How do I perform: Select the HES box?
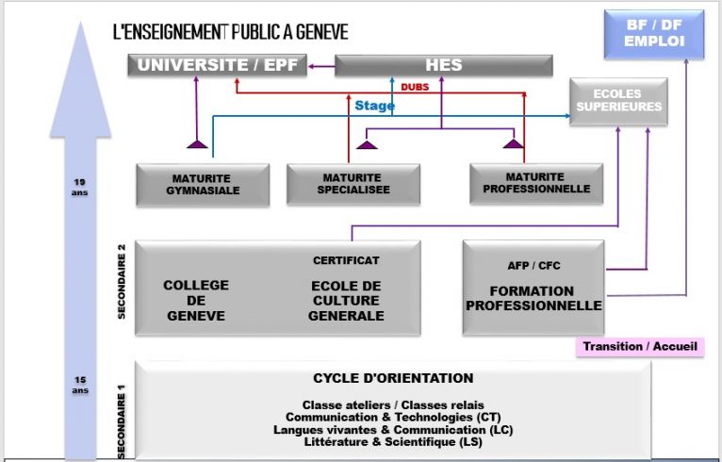[x=443, y=65]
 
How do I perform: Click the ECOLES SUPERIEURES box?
[x=618, y=101]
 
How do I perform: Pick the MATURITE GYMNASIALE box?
[x=203, y=183]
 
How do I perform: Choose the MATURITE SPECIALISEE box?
[x=351, y=183]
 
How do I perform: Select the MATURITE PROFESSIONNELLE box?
[x=535, y=183]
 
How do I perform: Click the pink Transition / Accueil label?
[x=640, y=346]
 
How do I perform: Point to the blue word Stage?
[x=374, y=106]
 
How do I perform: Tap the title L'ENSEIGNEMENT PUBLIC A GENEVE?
[x=230, y=32]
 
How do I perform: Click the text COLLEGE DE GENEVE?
[x=196, y=300]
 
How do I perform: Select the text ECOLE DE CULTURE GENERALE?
[x=346, y=300]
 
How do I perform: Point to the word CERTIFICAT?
[x=346, y=260]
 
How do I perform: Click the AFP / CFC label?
[x=533, y=266]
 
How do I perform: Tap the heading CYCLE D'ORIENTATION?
[x=393, y=378]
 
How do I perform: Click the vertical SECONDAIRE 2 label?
[x=122, y=284]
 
